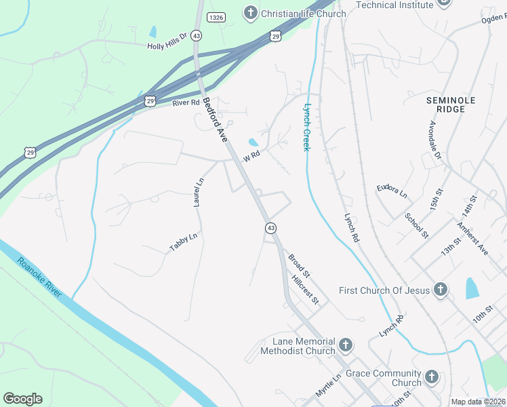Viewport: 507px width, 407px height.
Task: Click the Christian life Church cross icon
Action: point(250,13)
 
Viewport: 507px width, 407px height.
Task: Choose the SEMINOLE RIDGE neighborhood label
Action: point(446,104)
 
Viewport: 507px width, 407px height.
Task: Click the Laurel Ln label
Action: point(199,193)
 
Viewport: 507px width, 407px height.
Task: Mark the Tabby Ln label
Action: point(184,242)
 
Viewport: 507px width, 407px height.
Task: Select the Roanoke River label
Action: point(40,277)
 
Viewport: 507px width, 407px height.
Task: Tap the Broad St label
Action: point(299,266)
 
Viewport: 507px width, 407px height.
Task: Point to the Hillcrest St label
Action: point(304,290)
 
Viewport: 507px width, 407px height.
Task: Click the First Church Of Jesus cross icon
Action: point(440,290)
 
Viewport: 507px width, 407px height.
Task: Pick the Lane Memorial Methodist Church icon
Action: point(345,345)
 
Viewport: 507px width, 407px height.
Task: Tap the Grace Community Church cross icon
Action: point(432,378)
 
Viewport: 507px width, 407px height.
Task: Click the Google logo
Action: point(22,398)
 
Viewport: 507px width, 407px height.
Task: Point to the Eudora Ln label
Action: point(392,191)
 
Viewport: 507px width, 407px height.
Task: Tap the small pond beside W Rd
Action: point(253,142)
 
